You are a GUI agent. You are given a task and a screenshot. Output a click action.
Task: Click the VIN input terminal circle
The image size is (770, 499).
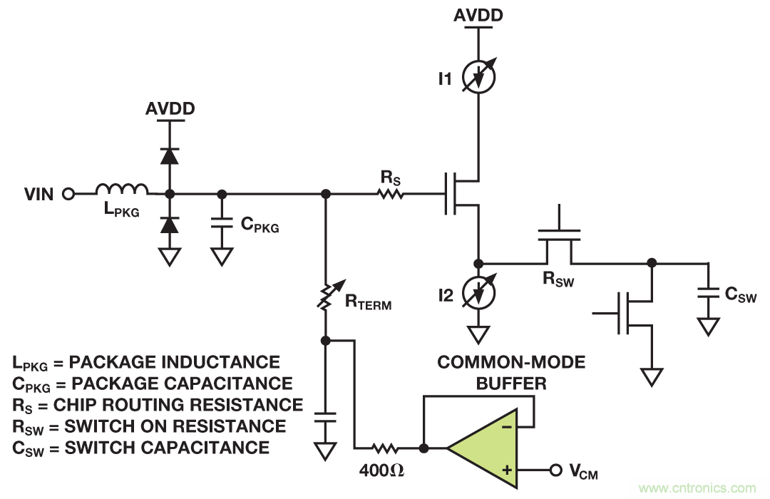tap(68, 193)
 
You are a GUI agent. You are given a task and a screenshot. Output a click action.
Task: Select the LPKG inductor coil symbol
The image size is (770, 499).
tap(122, 189)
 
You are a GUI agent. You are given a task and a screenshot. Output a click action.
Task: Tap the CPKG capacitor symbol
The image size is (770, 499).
tap(222, 224)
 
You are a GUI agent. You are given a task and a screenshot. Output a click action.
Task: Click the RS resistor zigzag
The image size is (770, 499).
tap(391, 193)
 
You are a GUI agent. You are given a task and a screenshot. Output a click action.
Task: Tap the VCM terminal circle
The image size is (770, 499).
tap(556, 470)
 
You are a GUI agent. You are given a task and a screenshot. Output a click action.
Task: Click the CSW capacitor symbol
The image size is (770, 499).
tap(708, 292)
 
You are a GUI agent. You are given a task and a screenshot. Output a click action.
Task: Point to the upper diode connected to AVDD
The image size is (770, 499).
tap(169, 155)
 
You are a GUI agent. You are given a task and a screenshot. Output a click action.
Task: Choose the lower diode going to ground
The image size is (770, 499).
tap(169, 225)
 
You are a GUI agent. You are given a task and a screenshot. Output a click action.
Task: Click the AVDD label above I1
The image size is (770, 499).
tap(478, 15)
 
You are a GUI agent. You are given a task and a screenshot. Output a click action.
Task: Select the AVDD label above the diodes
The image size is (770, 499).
tap(170, 109)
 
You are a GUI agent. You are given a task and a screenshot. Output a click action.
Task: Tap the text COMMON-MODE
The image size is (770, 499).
tap(511, 362)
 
